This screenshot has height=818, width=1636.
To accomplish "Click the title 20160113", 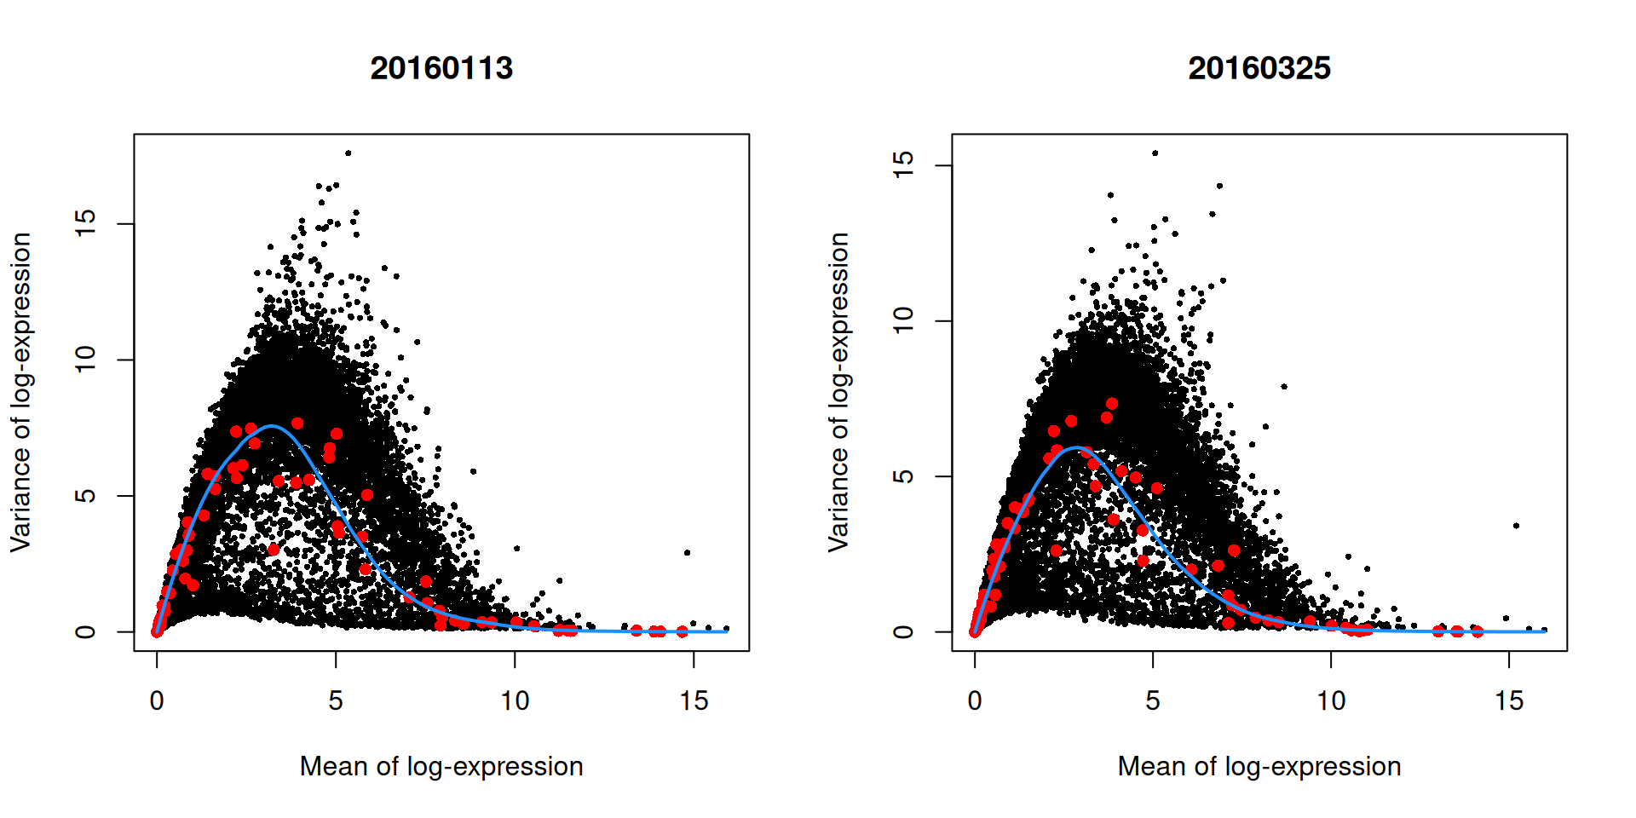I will pos(441,68).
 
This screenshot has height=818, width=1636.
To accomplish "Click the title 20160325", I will pos(1259,68).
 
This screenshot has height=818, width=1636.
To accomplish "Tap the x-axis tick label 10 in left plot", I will pos(515,701).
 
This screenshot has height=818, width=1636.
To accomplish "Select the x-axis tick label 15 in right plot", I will pos(1508,701).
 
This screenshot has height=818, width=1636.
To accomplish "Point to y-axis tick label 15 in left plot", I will pos(85,223).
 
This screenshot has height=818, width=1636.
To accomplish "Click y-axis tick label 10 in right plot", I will pos(903,320).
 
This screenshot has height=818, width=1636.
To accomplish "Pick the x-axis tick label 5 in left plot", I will pos(336,701).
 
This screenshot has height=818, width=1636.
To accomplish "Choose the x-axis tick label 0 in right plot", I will pos(975,701).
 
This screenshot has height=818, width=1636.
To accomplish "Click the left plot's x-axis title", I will pos(441,766).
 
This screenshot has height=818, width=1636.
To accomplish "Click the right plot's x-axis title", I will pos(1259,766).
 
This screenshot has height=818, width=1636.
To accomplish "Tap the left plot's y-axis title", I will pos(20,392).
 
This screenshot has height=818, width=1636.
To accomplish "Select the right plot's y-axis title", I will pos(838,392).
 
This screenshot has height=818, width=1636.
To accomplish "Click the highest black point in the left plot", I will pos(348,153).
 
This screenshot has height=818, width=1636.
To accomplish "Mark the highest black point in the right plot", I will pos(1155,153).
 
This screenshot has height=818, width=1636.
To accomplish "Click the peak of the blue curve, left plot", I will pos(271,426).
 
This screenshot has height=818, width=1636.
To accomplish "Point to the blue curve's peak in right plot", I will pos(1077,447).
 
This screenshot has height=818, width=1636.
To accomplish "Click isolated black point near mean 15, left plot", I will pos(687,552).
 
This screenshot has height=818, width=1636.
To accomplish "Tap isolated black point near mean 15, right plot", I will pos(1516,526).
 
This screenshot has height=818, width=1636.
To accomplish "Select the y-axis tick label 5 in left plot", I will pos(85,495).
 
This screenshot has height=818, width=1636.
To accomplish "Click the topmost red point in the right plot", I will pos(1111,404).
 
